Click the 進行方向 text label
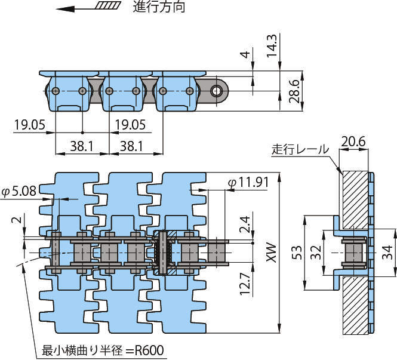pos(159,8)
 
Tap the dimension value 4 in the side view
pos(244,56)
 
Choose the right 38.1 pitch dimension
pos(135,145)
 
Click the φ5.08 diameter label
pos(19,192)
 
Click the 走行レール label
pos(299,149)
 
